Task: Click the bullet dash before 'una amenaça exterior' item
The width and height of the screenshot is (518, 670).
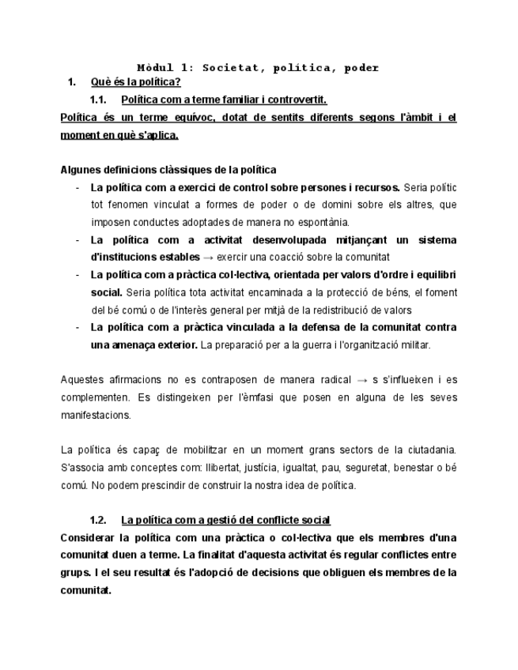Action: [78, 327]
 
